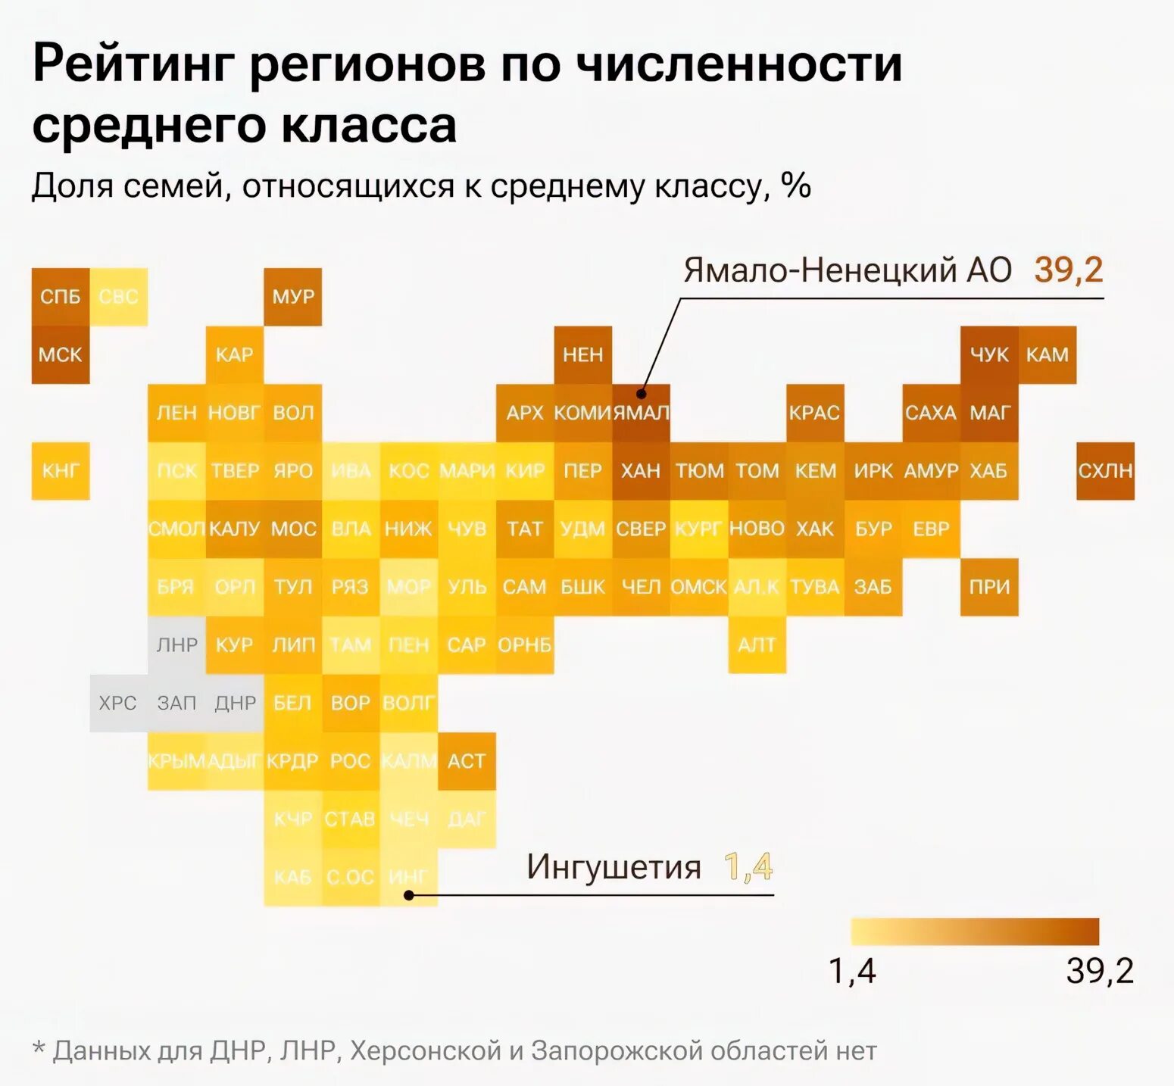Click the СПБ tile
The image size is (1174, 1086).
click(61, 297)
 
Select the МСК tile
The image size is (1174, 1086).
click(61, 354)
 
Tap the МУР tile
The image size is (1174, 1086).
click(293, 297)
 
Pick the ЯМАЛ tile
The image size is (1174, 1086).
click(641, 413)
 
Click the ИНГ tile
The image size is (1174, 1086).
click(408, 877)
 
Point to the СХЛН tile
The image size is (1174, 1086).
click(1105, 471)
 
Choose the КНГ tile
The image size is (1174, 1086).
click(61, 471)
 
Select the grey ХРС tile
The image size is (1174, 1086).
click(118, 703)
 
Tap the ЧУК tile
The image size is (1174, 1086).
click(989, 354)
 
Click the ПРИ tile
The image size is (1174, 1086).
click(989, 587)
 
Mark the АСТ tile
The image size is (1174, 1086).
click(467, 761)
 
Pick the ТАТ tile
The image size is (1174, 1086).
click(525, 529)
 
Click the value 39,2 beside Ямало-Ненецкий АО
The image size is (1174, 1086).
click(1068, 270)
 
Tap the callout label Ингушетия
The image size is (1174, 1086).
click(614, 867)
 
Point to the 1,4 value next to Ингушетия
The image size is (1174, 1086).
click(748, 867)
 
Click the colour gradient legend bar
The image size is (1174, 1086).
click(974, 932)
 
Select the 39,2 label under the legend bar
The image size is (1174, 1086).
click(1100, 971)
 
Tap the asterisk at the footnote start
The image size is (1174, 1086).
click(39, 1050)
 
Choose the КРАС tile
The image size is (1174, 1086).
click(815, 413)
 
